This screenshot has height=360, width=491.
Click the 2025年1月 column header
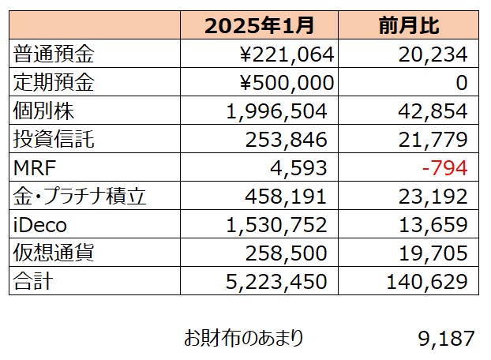(259, 26)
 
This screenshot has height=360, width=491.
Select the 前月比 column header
(408, 26)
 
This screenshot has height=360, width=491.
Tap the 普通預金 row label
(47, 54)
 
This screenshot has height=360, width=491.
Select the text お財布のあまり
(243, 338)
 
